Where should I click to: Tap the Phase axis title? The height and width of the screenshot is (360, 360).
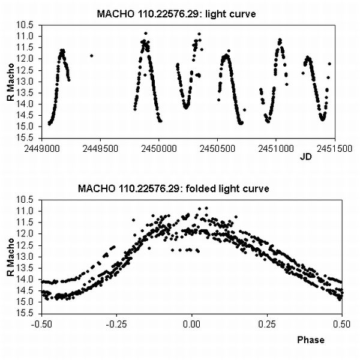(311, 340)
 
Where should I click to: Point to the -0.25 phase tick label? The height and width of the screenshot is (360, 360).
(116, 323)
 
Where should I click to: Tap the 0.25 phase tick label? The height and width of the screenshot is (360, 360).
(267, 323)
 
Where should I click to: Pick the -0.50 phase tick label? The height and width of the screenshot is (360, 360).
(41, 323)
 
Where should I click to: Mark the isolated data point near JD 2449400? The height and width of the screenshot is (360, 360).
(91, 55)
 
